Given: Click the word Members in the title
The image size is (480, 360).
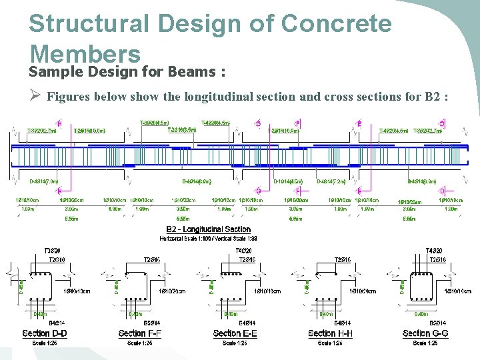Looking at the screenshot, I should (85, 53).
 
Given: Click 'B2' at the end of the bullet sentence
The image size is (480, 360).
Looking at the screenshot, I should (431, 97).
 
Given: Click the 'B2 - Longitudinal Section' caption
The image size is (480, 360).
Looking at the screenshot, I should (208, 230).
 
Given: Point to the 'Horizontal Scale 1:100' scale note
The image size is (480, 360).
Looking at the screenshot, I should (187, 238).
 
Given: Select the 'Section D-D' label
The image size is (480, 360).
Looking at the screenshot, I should (45, 333).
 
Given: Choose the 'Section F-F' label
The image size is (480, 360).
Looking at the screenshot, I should (140, 333).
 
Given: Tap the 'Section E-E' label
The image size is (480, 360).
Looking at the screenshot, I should (235, 333).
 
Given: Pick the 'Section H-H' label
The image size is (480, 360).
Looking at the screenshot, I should (331, 333).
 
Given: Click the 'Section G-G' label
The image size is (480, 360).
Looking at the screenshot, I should (425, 333).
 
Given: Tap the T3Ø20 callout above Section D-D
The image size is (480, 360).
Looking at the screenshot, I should (52, 251).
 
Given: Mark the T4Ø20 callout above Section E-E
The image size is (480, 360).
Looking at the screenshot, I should (244, 251).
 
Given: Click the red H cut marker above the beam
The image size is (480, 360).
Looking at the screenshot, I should (59, 123).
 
